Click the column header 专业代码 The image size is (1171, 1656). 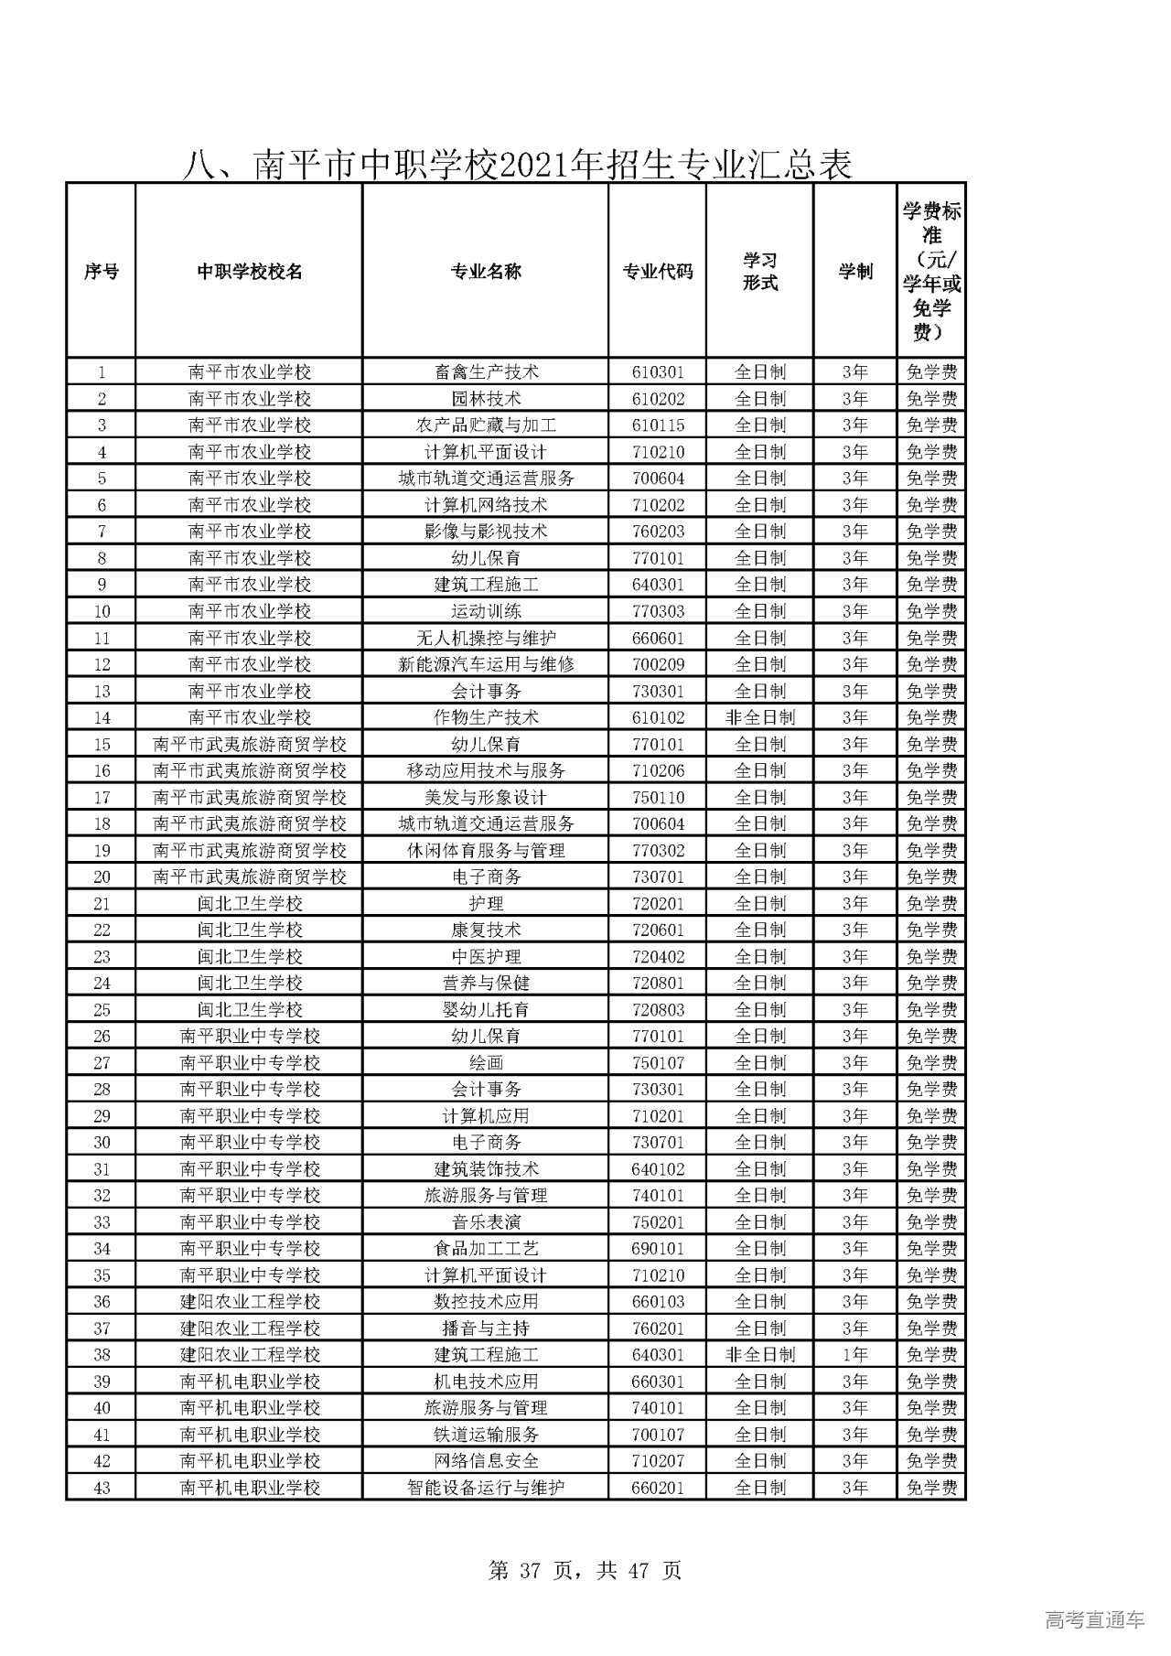pos(657,272)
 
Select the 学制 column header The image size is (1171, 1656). pos(855,272)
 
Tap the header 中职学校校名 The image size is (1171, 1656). pos(249,272)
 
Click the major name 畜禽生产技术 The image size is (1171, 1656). pos(486,372)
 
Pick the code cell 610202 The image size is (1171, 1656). pos(657,399)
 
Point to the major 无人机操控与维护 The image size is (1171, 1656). pos(486,638)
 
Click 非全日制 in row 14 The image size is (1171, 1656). pos(759,717)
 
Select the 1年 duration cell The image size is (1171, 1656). pos(855,1354)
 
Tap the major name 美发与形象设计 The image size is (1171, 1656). pos(486,797)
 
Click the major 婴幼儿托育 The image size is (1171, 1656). pos(486,1009)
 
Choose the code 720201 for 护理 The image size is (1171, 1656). pos(657,903)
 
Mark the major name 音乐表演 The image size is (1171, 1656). pos(486,1221)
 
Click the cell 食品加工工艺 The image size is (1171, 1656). pos(486,1248)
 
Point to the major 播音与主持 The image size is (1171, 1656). pos(486,1328)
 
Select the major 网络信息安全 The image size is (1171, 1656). pos(486,1460)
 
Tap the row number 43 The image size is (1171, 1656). pos(102,1487)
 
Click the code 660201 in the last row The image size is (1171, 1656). pos(657,1487)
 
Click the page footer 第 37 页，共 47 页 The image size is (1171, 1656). pos(585,1571)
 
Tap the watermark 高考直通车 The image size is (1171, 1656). pos(1094,1620)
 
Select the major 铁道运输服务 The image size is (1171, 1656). pos(486,1434)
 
